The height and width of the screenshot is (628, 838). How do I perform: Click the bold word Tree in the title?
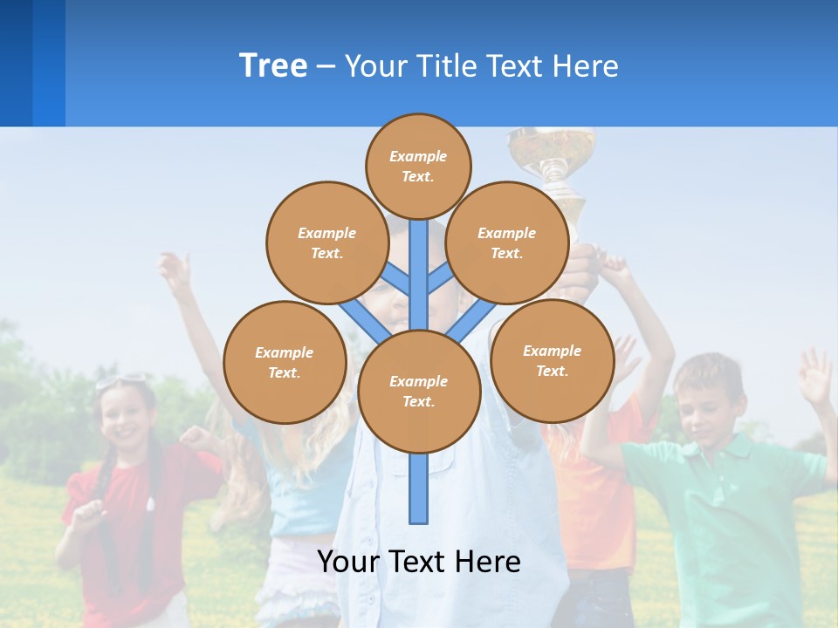pos(273,66)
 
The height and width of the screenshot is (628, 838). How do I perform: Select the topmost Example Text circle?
pos(418,166)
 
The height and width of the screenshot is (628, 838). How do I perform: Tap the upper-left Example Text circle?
pos(326,242)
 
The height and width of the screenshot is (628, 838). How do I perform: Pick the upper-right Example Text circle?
pos(506,242)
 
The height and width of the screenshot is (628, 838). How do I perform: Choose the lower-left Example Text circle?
pos(284,362)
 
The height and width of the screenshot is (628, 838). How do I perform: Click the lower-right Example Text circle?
pos(552,360)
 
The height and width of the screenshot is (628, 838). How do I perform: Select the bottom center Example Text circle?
pos(419,391)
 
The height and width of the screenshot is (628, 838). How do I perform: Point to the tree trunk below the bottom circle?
pos(419,488)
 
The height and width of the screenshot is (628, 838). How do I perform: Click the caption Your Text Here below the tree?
pos(419,562)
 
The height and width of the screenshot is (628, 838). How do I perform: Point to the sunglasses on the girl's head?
pos(122,381)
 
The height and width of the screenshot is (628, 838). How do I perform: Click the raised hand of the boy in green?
pos(815,375)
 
